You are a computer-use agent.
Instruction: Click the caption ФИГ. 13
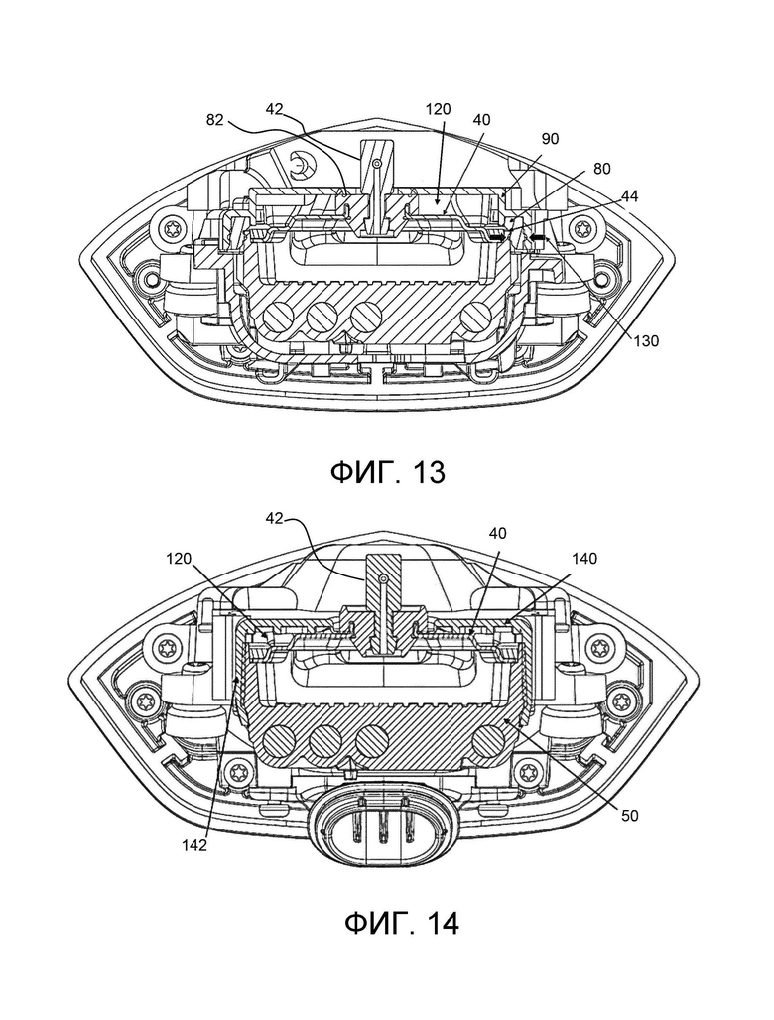point(388,471)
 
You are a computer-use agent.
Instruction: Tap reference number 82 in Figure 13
point(215,120)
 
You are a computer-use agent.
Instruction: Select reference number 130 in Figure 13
point(645,340)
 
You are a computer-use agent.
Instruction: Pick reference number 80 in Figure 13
point(601,168)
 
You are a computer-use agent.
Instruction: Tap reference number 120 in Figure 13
point(438,109)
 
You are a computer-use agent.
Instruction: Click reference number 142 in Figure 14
point(194,845)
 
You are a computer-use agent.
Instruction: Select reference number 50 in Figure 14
point(629,815)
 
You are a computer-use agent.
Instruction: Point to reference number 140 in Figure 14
point(583,559)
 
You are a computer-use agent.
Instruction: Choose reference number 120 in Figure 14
point(179,559)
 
